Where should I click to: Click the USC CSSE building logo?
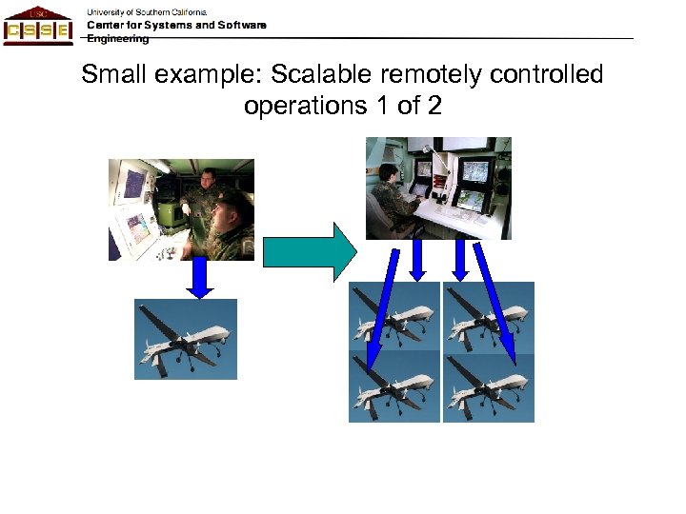[x=37, y=25]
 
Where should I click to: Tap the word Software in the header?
[x=242, y=25]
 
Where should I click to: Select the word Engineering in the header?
[x=118, y=39]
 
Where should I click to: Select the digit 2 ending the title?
[x=435, y=106]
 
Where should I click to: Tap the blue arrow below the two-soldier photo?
[x=199, y=278]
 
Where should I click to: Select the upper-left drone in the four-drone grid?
[x=394, y=317]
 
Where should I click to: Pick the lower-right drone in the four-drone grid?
[x=489, y=387]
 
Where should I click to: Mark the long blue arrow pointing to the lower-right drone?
[x=495, y=303]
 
